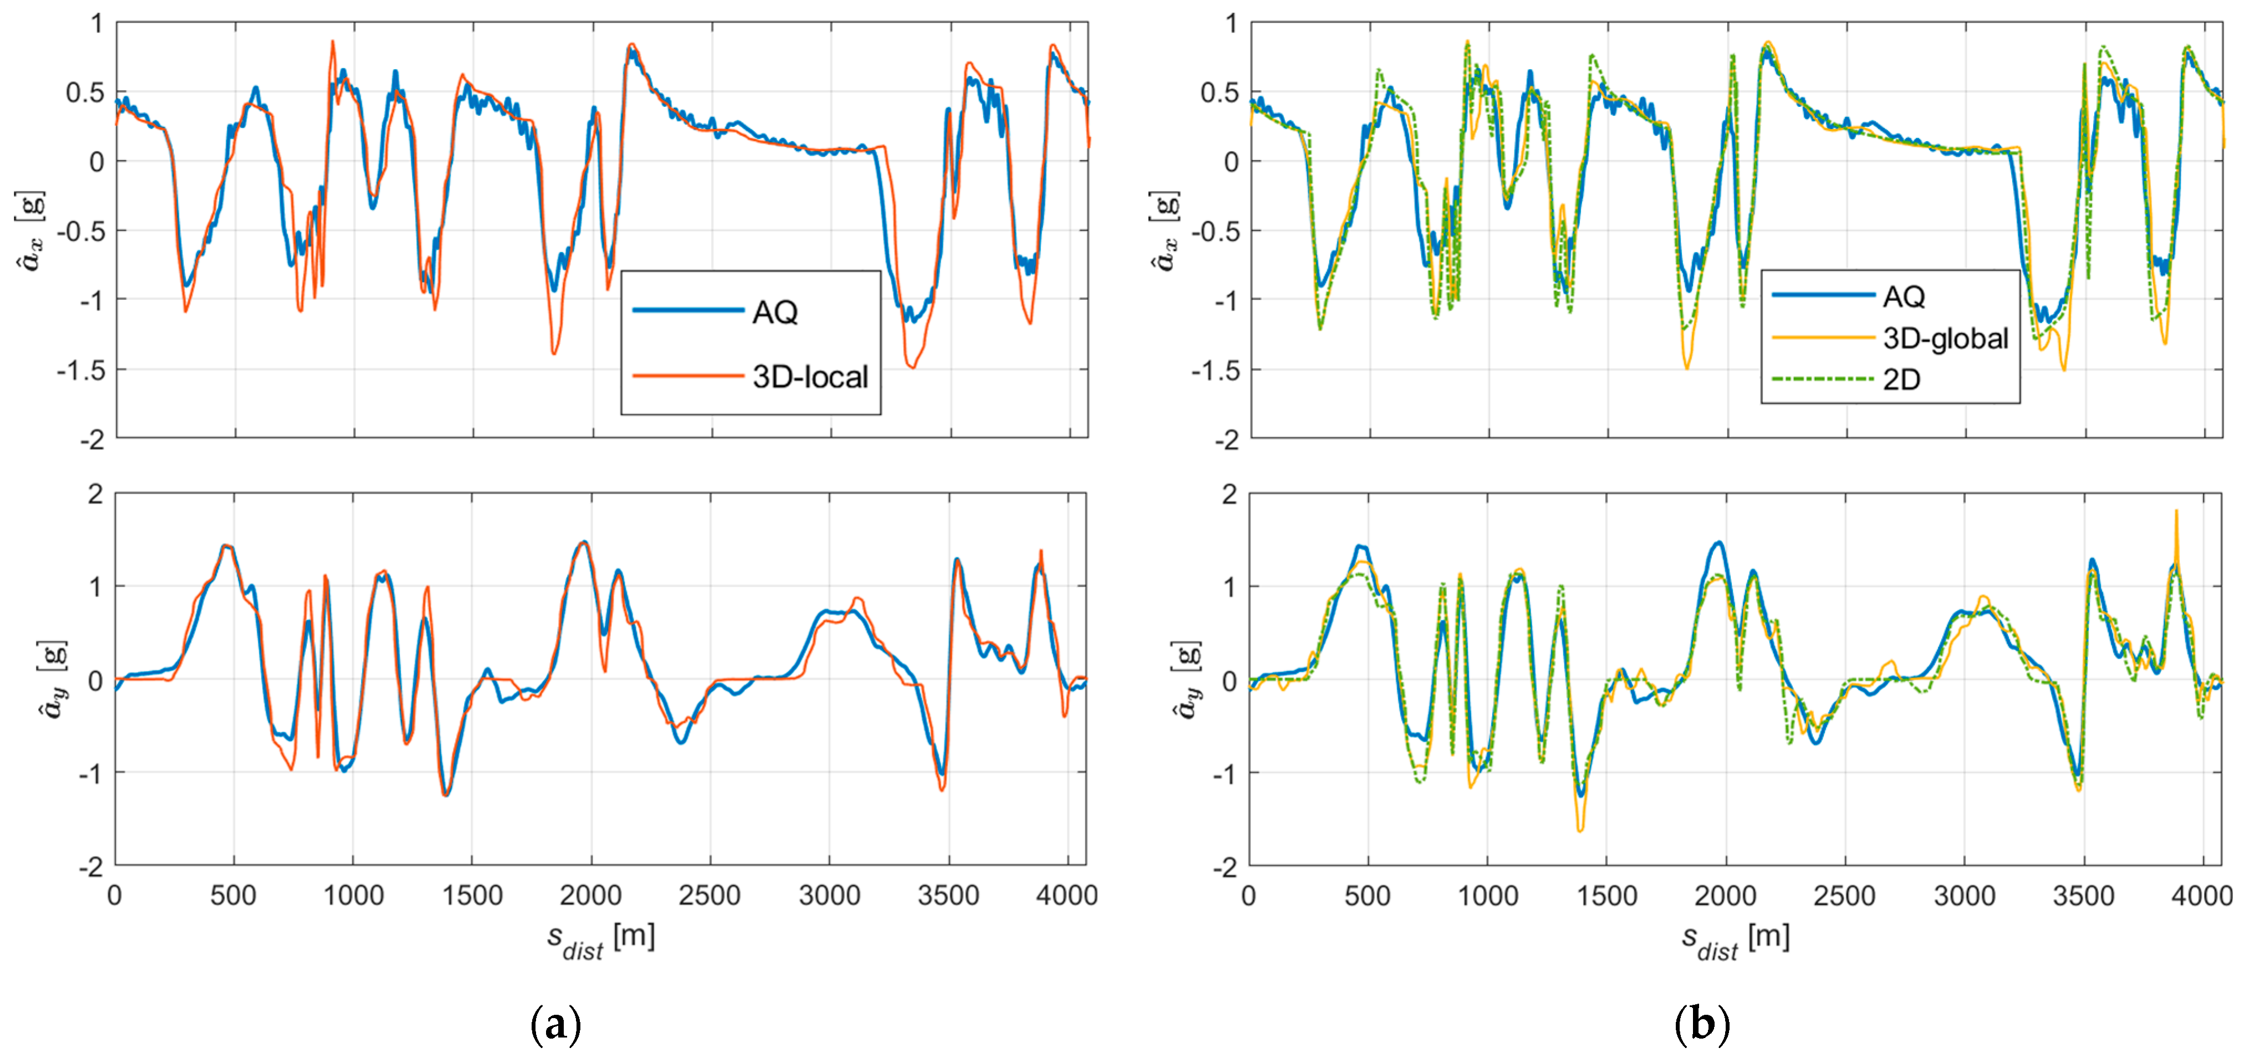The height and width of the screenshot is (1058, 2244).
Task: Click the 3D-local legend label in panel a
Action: point(810,377)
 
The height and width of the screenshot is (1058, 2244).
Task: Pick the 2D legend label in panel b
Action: point(1901,379)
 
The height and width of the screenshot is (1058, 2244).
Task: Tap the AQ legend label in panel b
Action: point(1904,297)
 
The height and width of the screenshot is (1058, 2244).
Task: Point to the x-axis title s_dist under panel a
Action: point(600,941)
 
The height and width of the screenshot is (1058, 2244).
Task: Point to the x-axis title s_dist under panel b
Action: point(1735,941)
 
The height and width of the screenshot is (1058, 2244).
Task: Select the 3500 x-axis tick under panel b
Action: point(2083,895)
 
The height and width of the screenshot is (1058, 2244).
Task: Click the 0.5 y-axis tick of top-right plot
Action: point(1218,93)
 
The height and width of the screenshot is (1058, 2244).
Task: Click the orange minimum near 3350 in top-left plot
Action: point(912,367)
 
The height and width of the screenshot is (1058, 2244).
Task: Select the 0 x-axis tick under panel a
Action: point(114,895)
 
